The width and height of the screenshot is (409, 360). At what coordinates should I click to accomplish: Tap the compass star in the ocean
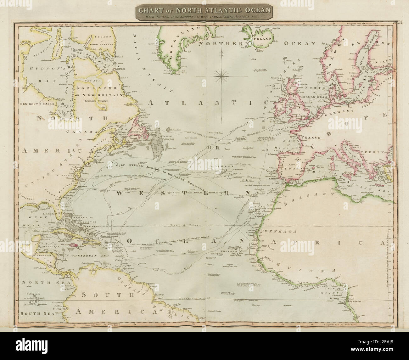click(222, 75)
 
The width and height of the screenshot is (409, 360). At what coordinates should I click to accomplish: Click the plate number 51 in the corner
click(398, 22)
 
